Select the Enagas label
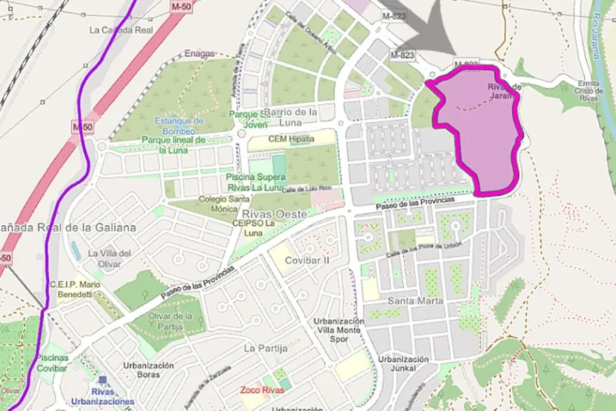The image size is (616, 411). point(200,53)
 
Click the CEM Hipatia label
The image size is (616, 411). point(290,139)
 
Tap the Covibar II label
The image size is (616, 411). point(307,260)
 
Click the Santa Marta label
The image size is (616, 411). point(415,301)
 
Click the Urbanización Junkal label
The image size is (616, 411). point(404,364)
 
